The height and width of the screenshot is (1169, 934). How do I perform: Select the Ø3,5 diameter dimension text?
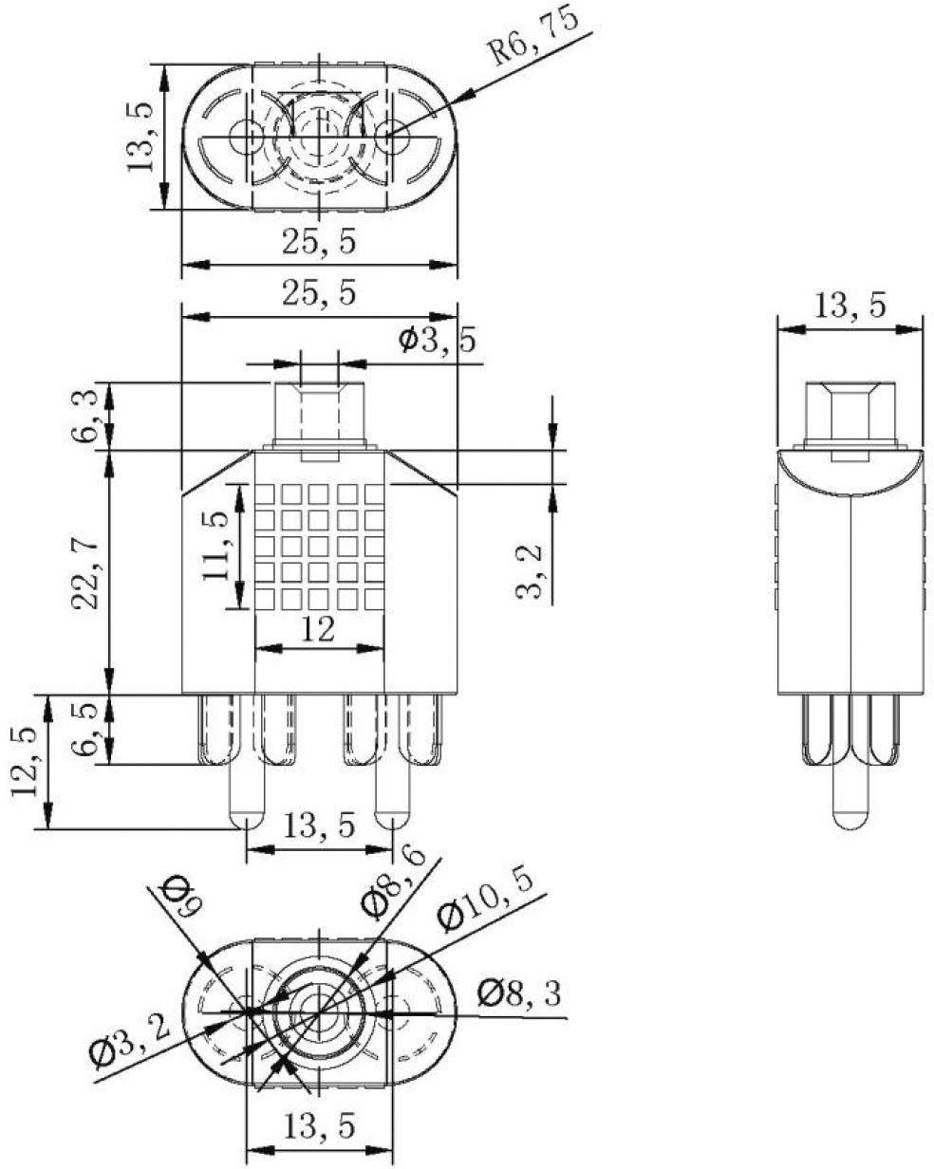(437, 341)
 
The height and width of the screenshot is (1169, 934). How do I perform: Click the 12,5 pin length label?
(28, 763)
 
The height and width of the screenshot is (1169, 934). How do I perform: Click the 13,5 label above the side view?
(850, 306)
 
